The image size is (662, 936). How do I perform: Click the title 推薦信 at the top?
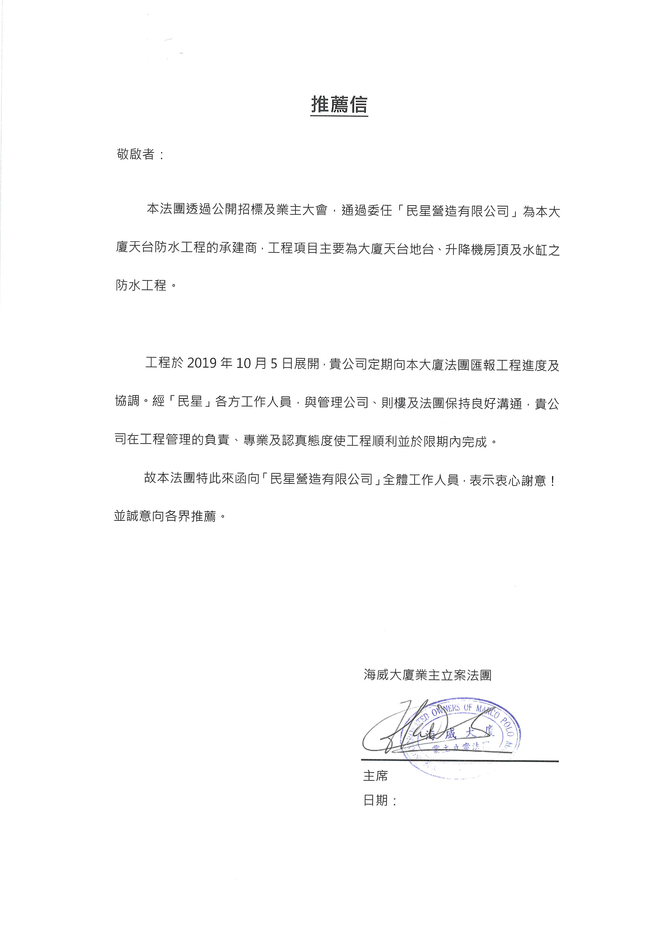pyautogui.click(x=339, y=105)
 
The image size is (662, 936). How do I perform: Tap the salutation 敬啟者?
pyautogui.click(x=136, y=154)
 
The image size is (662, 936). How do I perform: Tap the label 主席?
pyautogui.click(x=375, y=776)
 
